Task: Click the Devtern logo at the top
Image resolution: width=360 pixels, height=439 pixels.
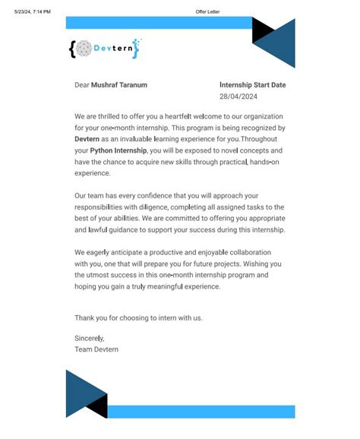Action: pos(104,48)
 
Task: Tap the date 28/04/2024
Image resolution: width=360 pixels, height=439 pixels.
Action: pos(238,97)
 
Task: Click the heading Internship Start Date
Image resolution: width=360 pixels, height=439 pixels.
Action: pos(252,85)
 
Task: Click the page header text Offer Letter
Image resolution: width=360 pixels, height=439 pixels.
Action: pos(207,12)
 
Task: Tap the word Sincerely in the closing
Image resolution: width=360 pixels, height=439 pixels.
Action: pos(89,336)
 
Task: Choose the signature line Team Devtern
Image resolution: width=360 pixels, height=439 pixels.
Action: pos(96,349)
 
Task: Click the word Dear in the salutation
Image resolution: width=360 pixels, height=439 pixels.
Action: pos(81,85)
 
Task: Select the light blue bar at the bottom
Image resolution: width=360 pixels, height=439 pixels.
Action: pos(201,412)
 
